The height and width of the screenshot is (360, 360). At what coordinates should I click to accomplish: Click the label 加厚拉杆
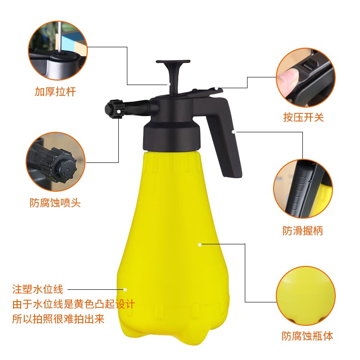point(55,92)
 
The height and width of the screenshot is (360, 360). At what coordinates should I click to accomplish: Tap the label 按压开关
point(303,117)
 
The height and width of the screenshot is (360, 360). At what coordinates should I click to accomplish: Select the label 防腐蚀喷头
point(55,203)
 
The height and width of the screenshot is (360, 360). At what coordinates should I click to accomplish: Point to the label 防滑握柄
point(303,231)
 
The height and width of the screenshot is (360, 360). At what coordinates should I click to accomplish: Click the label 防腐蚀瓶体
point(307,336)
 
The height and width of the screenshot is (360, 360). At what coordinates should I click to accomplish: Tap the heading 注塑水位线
point(38,289)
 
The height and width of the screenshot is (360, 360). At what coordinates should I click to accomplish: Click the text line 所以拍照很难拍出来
point(58,319)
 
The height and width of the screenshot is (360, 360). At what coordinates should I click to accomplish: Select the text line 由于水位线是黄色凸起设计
point(74,304)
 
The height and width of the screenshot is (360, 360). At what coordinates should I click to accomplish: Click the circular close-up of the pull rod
point(58,50)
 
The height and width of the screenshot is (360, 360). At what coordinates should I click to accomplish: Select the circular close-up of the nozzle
point(55,162)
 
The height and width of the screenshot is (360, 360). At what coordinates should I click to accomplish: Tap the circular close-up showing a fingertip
point(306,77)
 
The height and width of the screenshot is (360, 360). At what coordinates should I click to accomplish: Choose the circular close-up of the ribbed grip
point(303,189)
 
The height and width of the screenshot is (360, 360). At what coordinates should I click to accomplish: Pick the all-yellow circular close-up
point(306,296)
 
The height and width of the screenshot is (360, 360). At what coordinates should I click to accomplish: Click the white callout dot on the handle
point(233,132)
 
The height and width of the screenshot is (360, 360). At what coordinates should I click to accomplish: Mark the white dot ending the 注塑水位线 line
point(125,290)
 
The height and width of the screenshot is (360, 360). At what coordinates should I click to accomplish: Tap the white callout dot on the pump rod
point(169,84)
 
